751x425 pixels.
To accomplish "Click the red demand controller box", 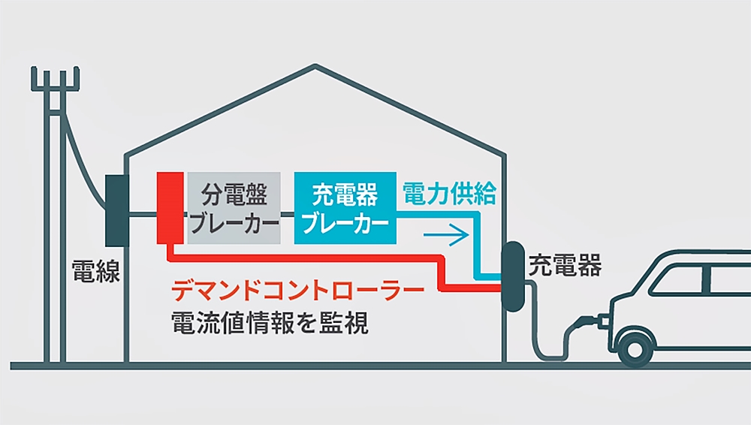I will [170, 207].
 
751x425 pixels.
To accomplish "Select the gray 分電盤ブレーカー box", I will [234, 207].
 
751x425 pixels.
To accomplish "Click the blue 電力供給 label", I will [449, 194].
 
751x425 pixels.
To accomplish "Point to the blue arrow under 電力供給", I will [446, 234].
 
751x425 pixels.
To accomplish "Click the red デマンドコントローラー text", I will [298, 289].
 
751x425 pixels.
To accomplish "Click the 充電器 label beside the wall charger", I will [565, 264].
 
